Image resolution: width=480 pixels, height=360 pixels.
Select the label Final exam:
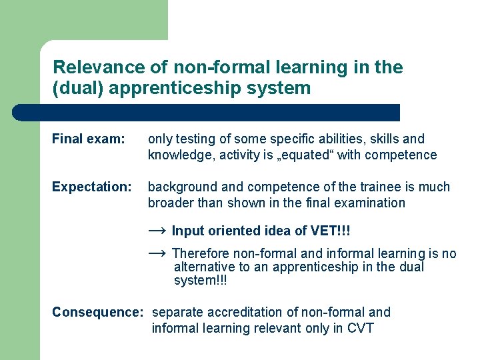[88, 139]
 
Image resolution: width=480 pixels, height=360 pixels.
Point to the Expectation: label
[92, 187]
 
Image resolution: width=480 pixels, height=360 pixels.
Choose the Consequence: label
[97, 312]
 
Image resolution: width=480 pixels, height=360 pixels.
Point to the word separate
[177, 312]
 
